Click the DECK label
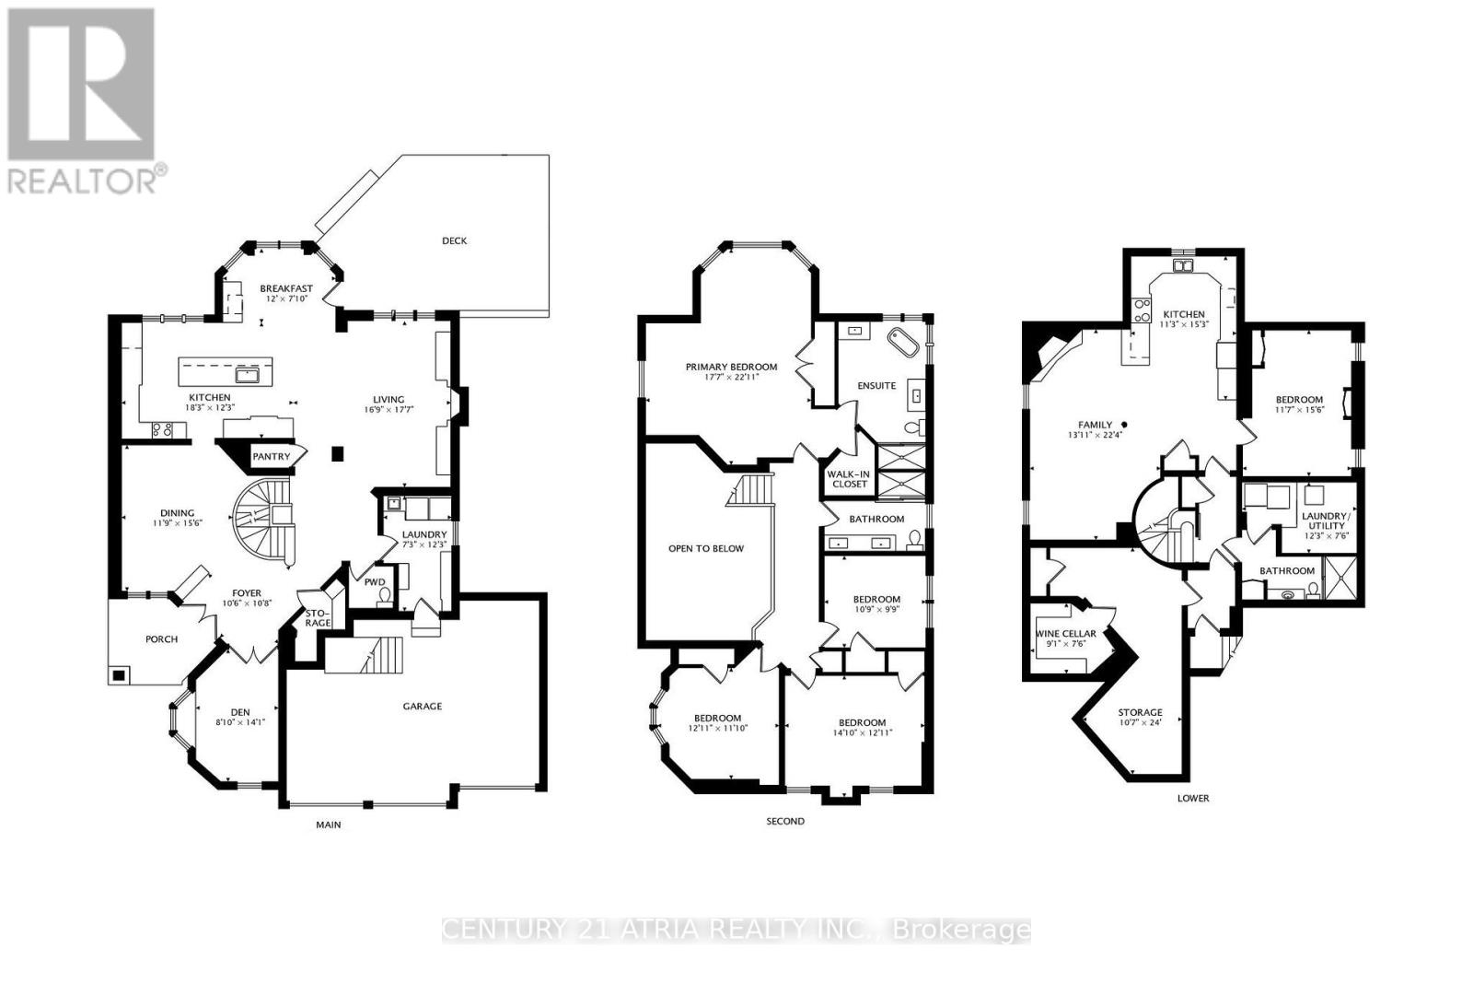coord(454,240)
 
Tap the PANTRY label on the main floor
coord(271,456)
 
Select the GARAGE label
coord(422,707)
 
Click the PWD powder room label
coord(375,582)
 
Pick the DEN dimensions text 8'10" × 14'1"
coord(240,723)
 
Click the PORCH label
coord(161,639)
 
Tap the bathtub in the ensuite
coord(903,345)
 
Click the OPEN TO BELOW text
coord(706,548)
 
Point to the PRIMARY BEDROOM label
coord(731,367)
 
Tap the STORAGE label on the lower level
coord(1140,712)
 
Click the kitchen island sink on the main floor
coord(248,374)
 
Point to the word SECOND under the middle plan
coord(785,821)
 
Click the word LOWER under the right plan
coord(1192,798)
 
